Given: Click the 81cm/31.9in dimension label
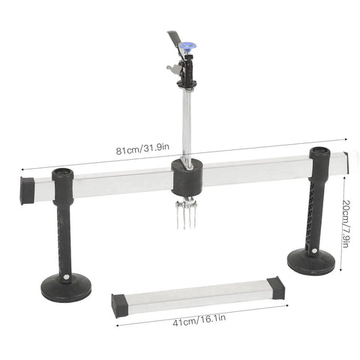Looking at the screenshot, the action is point(142,148).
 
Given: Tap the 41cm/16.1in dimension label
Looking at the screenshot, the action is point(199,320).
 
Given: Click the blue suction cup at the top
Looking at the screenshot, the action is point(187,46).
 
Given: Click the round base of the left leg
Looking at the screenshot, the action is point(66,288).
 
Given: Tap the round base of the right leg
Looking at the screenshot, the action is point(311,261).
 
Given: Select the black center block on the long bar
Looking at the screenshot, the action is point(187,178).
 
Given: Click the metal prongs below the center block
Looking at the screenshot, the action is point(186,215).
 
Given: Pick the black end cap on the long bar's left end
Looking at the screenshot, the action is point(27,190).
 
